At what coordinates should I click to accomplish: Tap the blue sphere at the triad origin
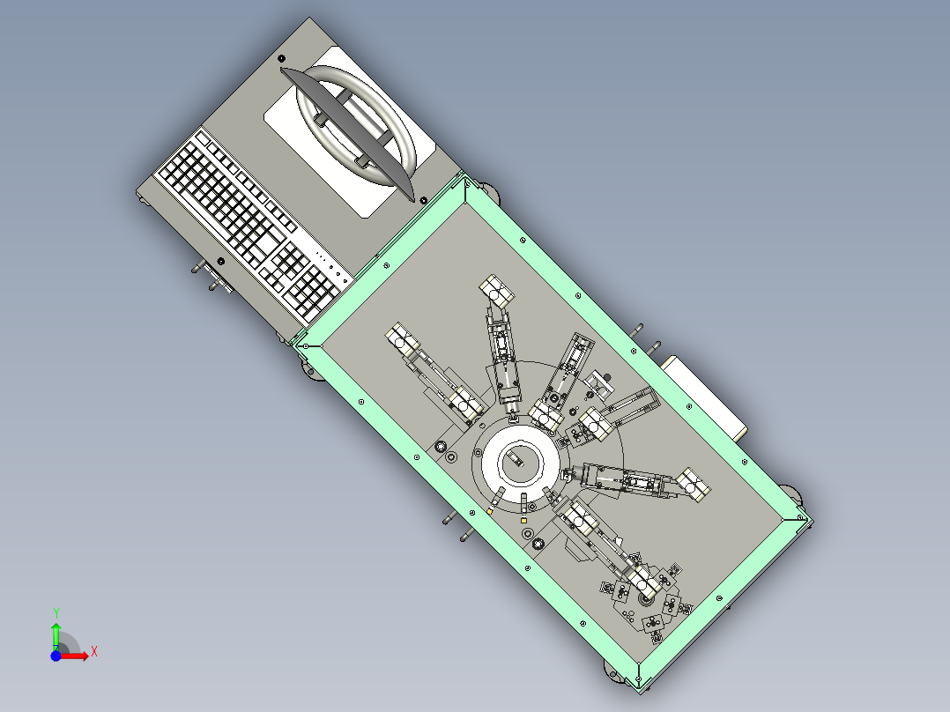(x=56, y=656)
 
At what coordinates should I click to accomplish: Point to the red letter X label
(x=94, y=652)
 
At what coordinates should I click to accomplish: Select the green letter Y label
(x=56, y=613)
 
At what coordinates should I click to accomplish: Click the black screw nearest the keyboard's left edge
(x=221, y=261)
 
